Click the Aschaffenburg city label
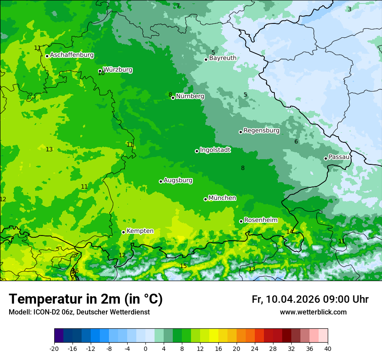tap(72, 55)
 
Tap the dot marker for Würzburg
tap(100, 71)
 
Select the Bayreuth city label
tap(223, 58)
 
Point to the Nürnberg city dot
tap(173, 98)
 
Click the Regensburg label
tap(261, 131)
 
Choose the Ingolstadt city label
tap(215, 150)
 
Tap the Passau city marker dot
tap(326, 158)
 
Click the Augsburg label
tap(178, 180)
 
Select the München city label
tap(222, 198)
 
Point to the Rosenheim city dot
tap(241, 221)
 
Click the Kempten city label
tap(140, 231)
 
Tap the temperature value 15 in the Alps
tap(183, 266)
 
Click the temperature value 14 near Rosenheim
tap(290, 232)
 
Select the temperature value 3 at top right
tap(349, 9)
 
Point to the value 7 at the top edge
tap(178, 6)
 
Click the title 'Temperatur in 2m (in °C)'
tap(86, 299)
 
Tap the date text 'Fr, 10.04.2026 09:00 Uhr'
tap(310, 299)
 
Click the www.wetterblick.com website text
tap(313, 312)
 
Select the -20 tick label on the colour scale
tap(54, 348)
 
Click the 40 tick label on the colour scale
tap(328, 348)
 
